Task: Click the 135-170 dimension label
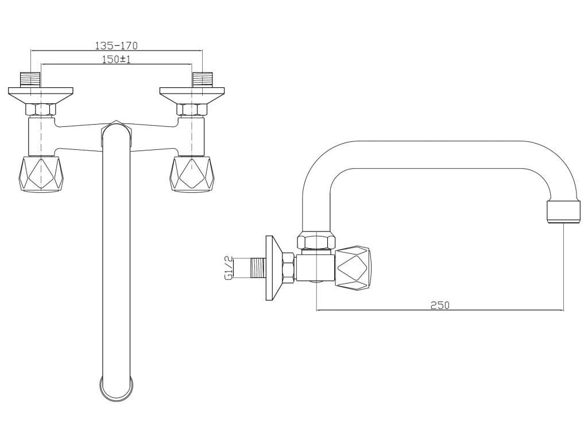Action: (116, 46)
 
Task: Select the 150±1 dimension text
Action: (116, 59)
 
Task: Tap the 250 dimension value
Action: (439, 305)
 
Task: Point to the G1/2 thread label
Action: (229, 268)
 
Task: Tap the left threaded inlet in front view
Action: (30, 79)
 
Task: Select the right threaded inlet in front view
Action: (202, 79)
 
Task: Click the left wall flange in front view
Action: (41, 96)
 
